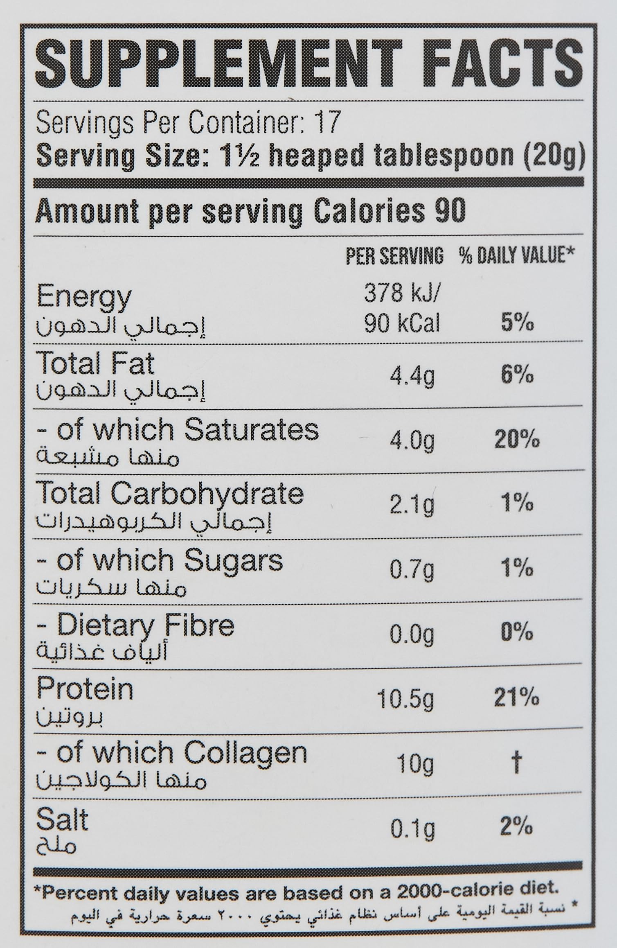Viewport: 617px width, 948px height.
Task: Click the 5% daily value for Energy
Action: (517, 324)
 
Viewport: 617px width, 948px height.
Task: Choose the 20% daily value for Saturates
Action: (517, 440)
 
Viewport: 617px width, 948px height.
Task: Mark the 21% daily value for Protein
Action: (516, 698)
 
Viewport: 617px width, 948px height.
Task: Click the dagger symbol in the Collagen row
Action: (516, 764)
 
